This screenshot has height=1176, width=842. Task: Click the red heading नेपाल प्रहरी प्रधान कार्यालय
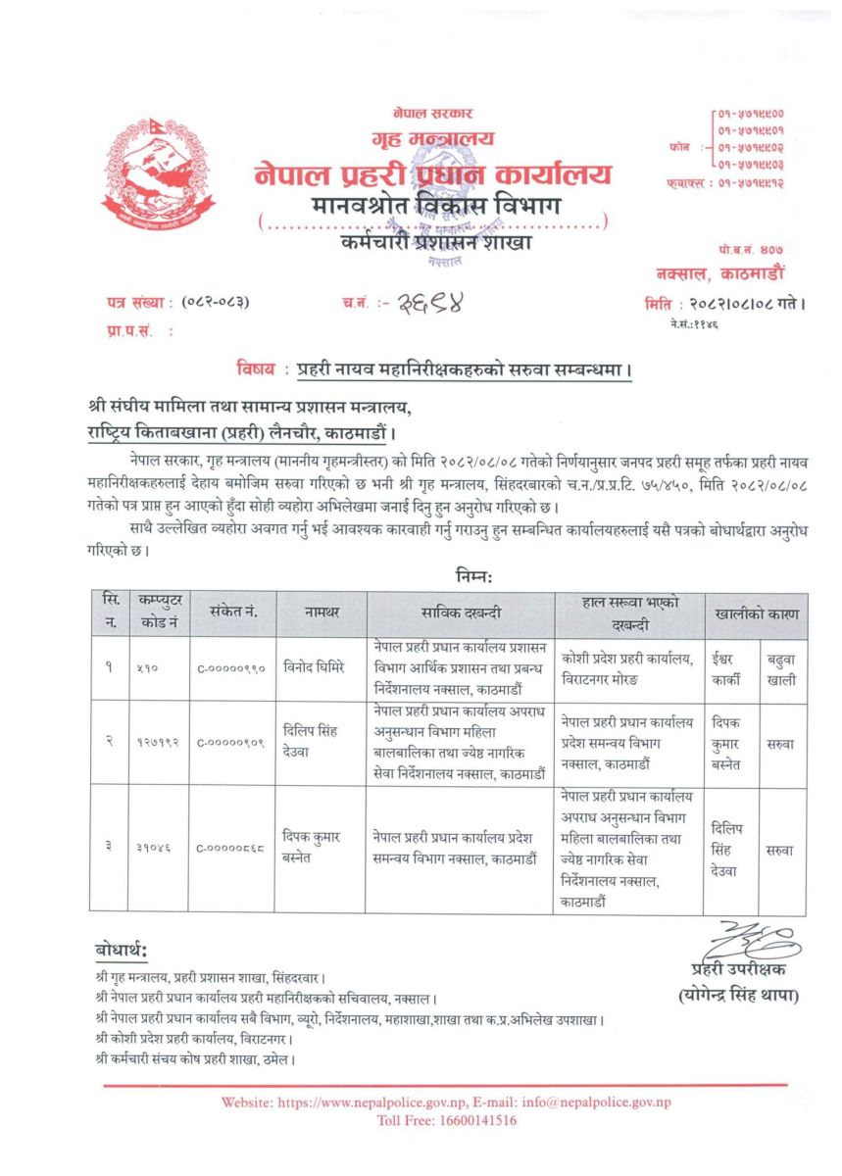[x=432, y=174]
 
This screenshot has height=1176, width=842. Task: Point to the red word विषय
[x=256, y=369]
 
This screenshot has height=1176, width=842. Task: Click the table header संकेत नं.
[x=232, y=613]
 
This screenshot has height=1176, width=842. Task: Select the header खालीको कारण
[x=755, y=613]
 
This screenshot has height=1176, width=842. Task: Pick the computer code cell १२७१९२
[x=157, y=742]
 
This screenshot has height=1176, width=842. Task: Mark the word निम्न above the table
[x=474, y=575]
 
